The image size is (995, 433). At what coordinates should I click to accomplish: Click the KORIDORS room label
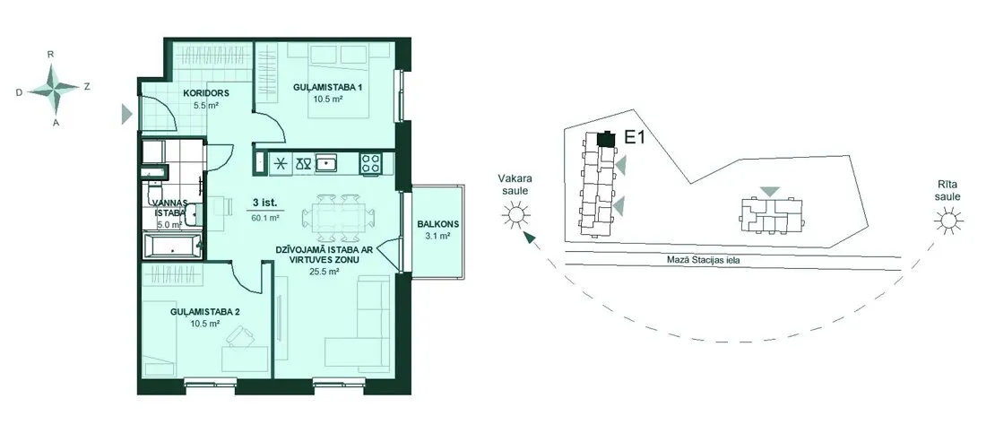(x=206, y=93)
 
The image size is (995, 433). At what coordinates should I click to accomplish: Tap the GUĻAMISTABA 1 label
(x=327, y=88)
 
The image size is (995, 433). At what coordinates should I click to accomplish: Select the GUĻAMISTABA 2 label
(x=205, y=312)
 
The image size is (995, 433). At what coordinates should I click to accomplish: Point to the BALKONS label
(x=437, y=225)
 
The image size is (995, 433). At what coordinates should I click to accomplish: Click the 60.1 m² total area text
(x=265, y=218)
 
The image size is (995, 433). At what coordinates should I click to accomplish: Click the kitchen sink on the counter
(x=326, y=164)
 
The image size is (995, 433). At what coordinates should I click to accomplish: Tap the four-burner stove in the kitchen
(x=370, y=164)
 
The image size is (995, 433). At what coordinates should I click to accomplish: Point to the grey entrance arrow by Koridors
(x=127, y=114)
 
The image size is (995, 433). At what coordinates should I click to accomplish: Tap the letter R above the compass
(x=50, y=55)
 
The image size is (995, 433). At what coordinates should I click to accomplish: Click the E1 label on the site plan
(x=636, y=138)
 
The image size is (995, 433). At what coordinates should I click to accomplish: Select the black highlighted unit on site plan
(x=607, y=139)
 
